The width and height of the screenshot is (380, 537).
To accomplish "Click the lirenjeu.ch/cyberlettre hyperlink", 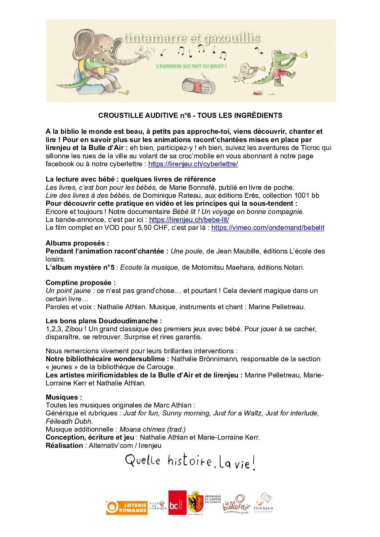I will (193, 164).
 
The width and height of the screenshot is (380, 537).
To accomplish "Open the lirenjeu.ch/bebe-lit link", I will (189, 220).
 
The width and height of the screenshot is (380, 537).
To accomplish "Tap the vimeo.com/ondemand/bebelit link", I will (268, 228).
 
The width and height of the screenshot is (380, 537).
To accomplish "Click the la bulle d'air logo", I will (235, 504).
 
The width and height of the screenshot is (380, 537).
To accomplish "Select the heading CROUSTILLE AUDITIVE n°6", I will (190, 115).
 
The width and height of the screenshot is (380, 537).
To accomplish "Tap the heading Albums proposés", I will (77, 244).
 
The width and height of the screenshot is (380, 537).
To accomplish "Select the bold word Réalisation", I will (64, 446).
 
